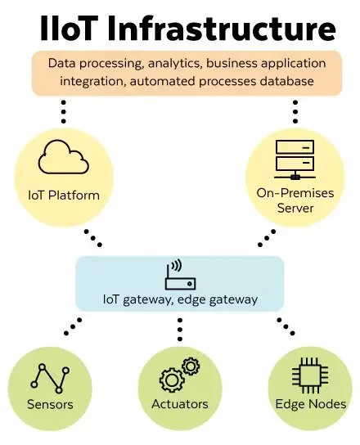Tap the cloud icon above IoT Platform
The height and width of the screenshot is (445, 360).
tap(63, 157)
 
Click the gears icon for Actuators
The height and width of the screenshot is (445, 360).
tap(179, 375)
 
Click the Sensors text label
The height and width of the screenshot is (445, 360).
tap(51, 404)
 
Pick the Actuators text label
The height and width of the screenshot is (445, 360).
tap(180, 404)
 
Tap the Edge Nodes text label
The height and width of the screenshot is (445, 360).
tap(310, 404)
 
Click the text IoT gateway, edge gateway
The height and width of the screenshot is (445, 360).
tap(180, 299)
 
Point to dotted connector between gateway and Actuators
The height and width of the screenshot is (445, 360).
tap(180, 329)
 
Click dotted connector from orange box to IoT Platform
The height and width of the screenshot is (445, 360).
tap(63, 112)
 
